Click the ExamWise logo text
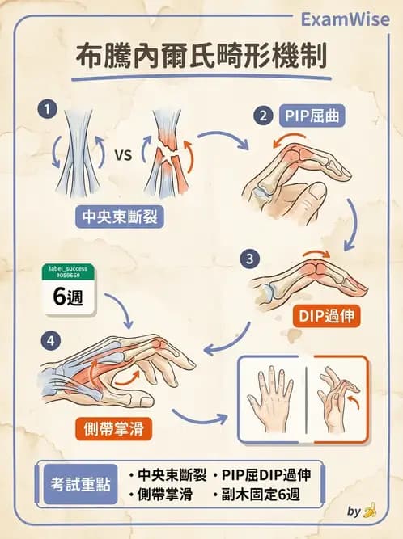point(346,19)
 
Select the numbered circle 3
point(251,259)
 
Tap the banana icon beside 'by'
point(370,511)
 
